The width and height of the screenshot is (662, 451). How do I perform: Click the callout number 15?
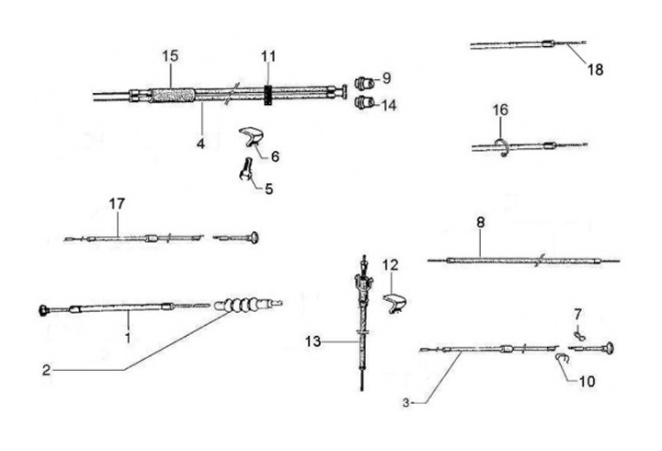point(168,56)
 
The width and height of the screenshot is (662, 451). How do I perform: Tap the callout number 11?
point(268,56)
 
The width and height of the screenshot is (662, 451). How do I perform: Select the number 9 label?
point(386,77)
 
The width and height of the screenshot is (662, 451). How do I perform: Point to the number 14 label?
point(389,105)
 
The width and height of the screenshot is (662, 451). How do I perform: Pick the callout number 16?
point(499,110)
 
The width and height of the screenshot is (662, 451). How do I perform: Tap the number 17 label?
point(116,202)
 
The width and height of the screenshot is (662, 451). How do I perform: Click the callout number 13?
point(314,342)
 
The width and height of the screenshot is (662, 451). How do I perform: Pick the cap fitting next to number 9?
point(362,78)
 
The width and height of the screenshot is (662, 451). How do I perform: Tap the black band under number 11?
point(268,93)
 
